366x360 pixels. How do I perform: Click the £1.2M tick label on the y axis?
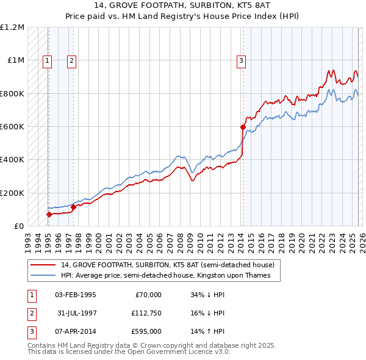(x=13, y=27)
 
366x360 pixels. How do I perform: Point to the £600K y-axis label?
(x=12, y=127)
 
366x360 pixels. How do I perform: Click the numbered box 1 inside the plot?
(x=48, y=60)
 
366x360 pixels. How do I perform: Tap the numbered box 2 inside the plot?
(x=71, y=60)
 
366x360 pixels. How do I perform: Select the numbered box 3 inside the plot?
(x=242, y=60)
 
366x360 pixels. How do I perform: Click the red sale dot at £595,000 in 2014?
(x=243, y=128)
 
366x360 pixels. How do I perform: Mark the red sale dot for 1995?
(x=49, y=214)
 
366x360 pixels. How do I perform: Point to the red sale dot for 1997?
(x=74, y=207)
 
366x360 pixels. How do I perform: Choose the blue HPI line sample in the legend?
(x=43, y=276)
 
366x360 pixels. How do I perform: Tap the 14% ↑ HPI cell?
(x=207, y=331)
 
